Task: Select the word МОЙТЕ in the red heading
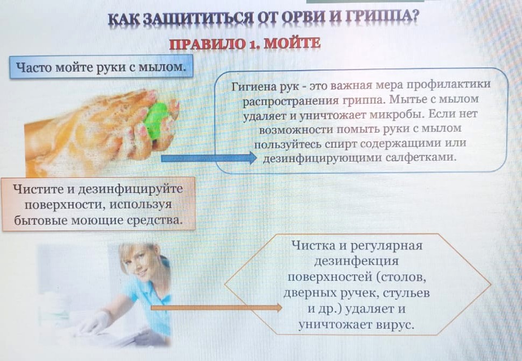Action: (x=292, y=44)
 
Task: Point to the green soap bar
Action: (x=157, y=120)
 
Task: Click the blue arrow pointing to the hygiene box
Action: (x=209, y=158)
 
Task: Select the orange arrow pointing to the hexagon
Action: (x=216, y=308)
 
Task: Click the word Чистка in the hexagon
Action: (x=314, y=246)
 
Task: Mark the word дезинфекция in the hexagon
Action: (x=357, y=261)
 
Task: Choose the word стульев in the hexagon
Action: (x=406, y=293)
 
